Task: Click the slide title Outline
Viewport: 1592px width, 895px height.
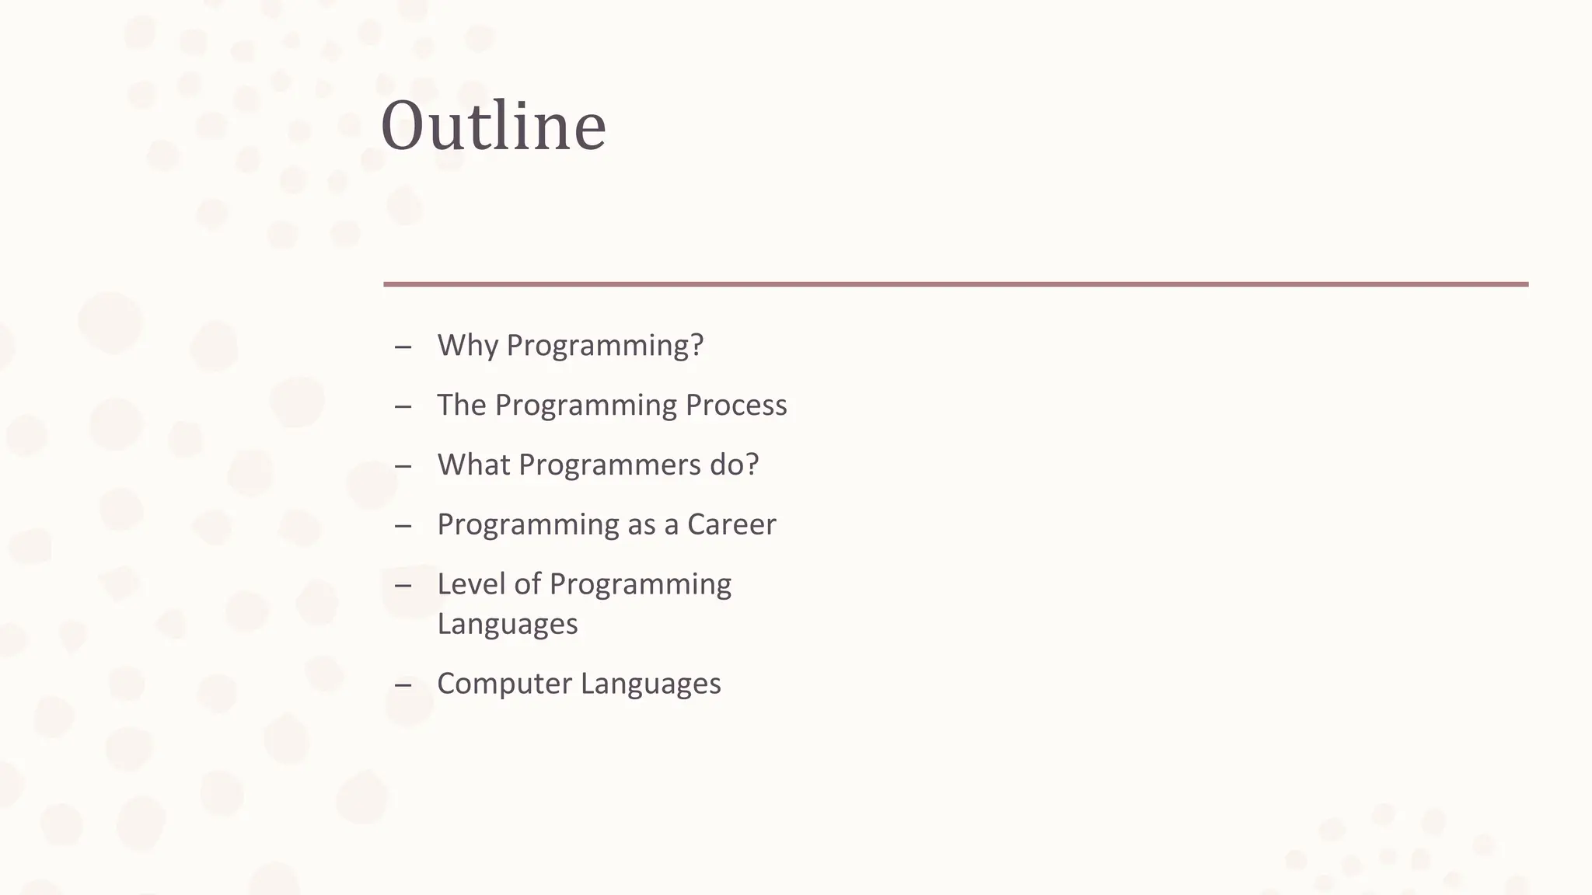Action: coord(493,126)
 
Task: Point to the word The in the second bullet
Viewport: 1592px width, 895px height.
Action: coord(461,406)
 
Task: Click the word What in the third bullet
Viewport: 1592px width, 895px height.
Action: coord(473,465)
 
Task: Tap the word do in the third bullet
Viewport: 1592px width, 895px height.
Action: coord(728,465)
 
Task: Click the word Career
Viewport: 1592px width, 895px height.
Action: coord(731,525)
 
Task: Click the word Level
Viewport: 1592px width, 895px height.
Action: coord(470,584)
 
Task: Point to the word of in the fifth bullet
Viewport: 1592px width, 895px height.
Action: coord(527,584)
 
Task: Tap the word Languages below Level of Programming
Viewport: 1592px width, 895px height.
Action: coord(507,625)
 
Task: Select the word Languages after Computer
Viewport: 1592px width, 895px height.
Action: coord(650,684)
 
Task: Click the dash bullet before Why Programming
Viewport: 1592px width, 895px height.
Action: coord(403,347)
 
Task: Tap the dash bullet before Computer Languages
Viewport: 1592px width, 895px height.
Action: coord(403,685)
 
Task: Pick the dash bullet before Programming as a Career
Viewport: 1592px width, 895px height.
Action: coord(403,526)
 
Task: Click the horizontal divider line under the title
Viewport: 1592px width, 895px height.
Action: coord(955,284)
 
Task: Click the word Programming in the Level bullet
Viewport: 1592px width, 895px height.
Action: coord(640,584)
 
